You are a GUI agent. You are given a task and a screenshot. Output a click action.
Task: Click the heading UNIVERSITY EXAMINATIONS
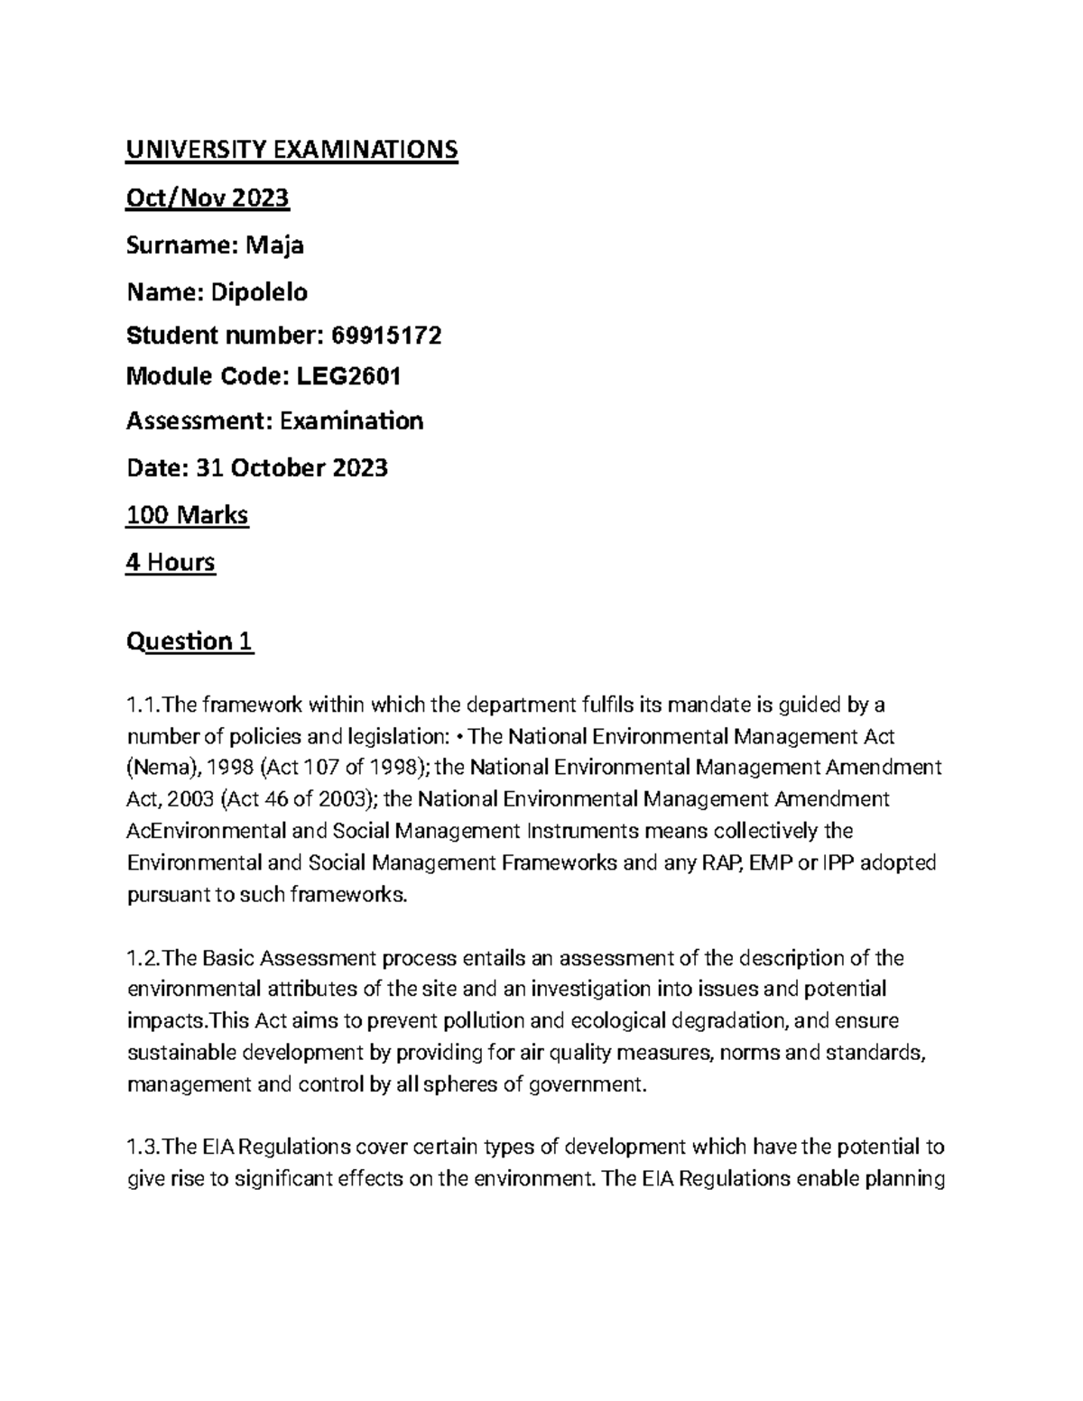tap(292, 150)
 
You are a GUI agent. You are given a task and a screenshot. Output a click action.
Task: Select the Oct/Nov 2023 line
tap(208, 198)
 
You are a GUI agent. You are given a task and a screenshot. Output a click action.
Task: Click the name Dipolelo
tap(259, 292)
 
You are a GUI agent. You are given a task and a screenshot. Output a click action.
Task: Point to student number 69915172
tap(387, 336)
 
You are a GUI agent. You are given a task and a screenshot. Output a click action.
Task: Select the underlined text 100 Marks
tap(187, 516)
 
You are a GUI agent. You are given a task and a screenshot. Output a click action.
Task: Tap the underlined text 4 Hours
tap(171, 563)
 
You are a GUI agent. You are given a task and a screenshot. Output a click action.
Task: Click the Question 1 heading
tap(190, 642)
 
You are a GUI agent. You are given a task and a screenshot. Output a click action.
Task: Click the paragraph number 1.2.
tap(143, 958)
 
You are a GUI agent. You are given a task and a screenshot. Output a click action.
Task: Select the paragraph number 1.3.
tap(143, 1148)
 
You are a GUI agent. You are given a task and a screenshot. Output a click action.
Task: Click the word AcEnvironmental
tap(207, 831)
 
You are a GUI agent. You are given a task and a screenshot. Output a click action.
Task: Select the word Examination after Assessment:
tap(351, 421)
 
